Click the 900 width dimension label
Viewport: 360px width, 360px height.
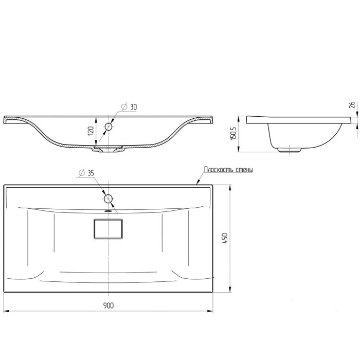point(109,305)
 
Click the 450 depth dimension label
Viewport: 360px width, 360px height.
point(225,238)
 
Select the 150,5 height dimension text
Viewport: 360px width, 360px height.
point(233,131)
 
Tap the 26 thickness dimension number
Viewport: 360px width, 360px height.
point(352,105)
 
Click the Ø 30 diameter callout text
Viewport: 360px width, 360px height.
point(129,107)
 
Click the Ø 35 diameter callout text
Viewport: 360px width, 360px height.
point(86,173)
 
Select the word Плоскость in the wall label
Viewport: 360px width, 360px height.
point(217,170)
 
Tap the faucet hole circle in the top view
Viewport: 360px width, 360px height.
point(108,192)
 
